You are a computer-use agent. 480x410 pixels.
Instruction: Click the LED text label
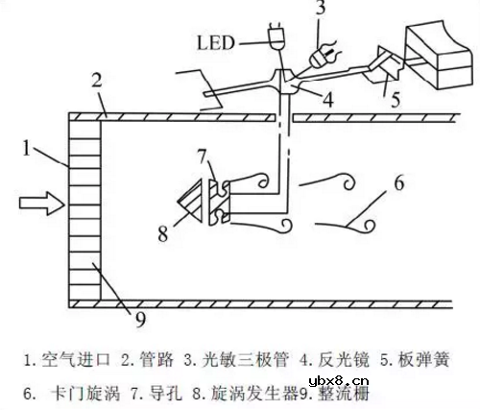216,42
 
